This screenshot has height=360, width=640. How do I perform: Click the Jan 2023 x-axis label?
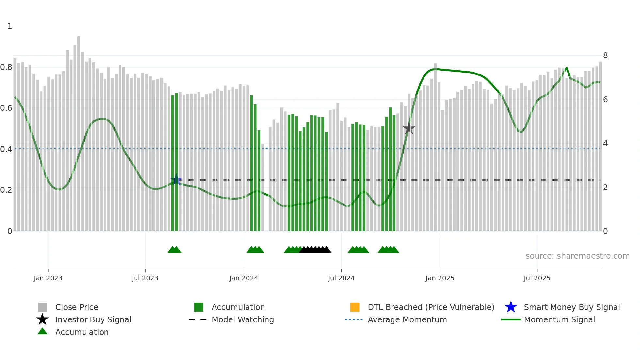pos(48,278)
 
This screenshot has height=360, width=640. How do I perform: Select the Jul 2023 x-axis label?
pos(145,278)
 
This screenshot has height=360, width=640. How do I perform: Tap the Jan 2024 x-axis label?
pos(244,278)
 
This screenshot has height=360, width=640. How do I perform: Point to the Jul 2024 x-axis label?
pos(341,278)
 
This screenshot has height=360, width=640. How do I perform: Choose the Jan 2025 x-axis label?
pos(440,278)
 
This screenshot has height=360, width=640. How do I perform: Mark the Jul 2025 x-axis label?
pos(537,278)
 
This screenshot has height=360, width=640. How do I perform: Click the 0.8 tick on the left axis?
pos(6,67)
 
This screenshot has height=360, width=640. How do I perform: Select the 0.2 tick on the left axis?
pos(6,190)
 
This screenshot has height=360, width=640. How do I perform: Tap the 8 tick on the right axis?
pos(605,56)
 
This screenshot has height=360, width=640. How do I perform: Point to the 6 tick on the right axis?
pos(605,100)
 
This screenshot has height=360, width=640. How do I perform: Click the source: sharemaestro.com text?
pos(577,256)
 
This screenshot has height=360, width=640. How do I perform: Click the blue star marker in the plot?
pos(176,180)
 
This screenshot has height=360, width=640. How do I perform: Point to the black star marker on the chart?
pos(409,129)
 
